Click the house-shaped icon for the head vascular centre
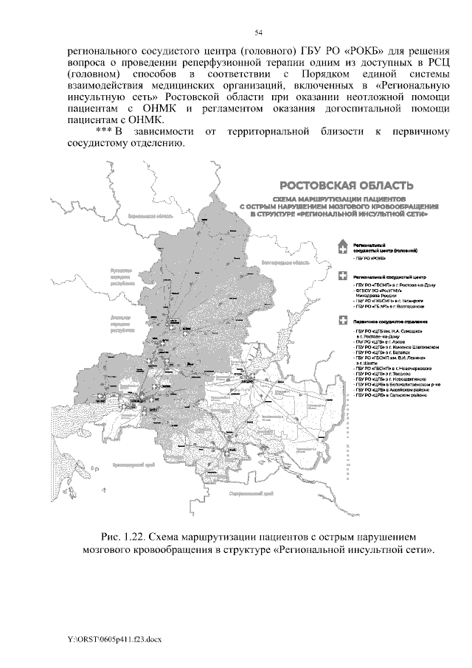click(x=341, y=247)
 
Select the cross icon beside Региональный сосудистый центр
click(x=341, y=276)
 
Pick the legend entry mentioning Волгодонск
click(x=383, y=307)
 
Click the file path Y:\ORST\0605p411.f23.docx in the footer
click(x=108, y=639)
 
